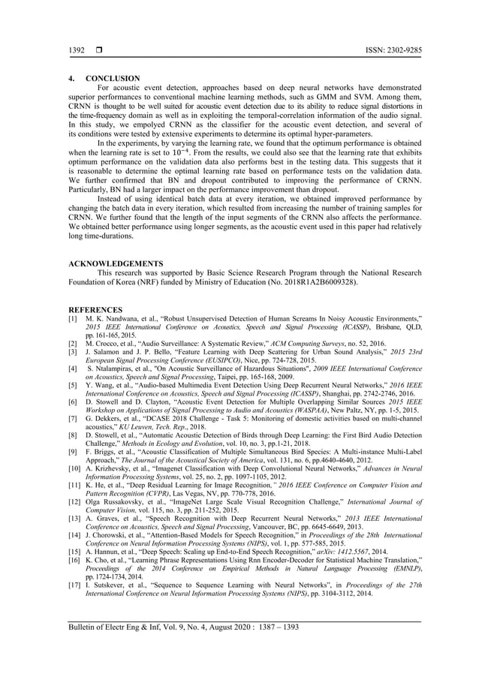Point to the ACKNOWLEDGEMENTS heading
[116, 263]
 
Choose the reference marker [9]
[73, 453]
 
